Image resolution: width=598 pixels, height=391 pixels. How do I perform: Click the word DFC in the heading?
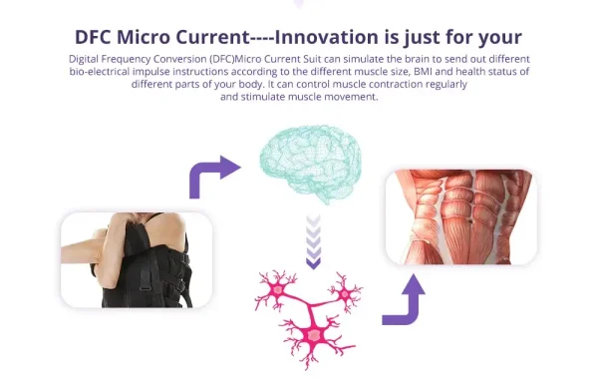tap(93, 38)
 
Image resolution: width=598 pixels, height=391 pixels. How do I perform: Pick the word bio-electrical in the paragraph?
tap(100, 72)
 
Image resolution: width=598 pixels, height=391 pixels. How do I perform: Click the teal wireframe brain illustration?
tap(311, 164)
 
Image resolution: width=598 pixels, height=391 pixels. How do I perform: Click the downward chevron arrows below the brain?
tap(314, 241)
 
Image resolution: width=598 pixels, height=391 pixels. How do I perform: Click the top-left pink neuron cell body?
tap(278, 290)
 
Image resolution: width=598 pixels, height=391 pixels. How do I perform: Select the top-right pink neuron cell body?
tap(345, 294)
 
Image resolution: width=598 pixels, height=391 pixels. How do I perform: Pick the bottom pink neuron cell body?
tap(315, 335)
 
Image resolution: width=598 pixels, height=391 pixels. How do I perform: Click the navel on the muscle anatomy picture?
tap(471, 220)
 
